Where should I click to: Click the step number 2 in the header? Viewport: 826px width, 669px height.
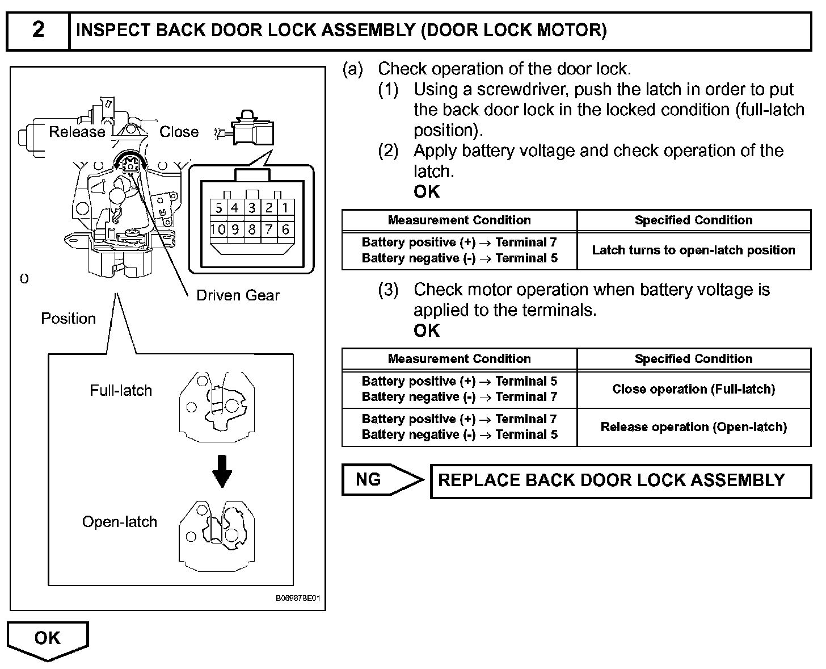click(38, 30)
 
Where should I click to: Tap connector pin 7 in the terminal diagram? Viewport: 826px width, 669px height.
click(268, 229)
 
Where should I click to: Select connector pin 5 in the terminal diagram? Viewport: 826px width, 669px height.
click(218, 208)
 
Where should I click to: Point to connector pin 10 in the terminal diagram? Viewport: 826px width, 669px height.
click(218, 229)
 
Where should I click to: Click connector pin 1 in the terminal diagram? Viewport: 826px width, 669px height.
click(285, 208)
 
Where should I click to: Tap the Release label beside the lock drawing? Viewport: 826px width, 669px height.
click(77, 132)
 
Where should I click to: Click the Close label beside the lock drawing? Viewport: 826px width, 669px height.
click(179, 132)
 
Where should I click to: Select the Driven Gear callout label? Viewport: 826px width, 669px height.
click(238, 295)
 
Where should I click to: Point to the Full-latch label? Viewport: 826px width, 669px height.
click(121, 390)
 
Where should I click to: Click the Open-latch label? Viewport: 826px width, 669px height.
click(120, 521)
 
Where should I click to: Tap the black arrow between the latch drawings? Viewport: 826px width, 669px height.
click(222, 471)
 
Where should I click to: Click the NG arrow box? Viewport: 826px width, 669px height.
click(382, 479)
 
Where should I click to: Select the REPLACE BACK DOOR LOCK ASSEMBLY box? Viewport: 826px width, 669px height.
click(621, 481)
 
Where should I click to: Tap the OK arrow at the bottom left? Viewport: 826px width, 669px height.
click(48, 641)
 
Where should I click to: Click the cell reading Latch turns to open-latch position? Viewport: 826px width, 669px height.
click(693, 250)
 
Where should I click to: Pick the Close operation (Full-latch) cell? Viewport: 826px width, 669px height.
click(693, 389)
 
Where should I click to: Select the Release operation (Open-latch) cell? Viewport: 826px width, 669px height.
click(693, 427)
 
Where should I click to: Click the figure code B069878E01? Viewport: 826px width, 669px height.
click(298, 598)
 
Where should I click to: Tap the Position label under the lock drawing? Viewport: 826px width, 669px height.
click(68, 319)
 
